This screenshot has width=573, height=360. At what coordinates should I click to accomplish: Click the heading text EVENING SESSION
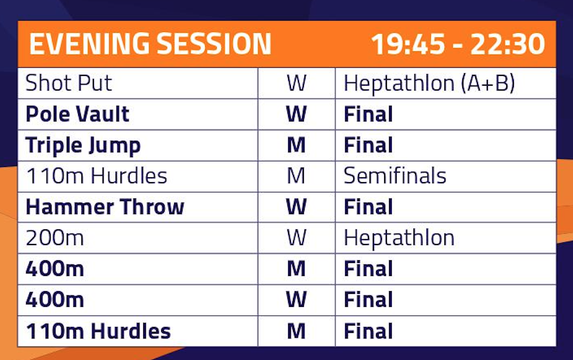click(x=150, y=44)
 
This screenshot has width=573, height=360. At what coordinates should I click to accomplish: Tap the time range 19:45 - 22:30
click(x=458, y=44)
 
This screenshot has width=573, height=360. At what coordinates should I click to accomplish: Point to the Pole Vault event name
click(x=78, y=114)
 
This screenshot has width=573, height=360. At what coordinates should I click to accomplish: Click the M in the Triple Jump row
click(x=296, y=145)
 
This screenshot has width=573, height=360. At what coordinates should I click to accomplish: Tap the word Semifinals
click(x=395, y=176)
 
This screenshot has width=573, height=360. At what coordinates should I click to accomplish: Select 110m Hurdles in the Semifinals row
click(x=97, y=176)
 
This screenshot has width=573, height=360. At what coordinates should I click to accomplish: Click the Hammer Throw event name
click(x=105, y=207)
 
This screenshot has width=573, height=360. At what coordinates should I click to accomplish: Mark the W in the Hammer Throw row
click(x=296, y=207)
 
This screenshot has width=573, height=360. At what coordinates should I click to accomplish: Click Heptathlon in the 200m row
click(x=399, y=238)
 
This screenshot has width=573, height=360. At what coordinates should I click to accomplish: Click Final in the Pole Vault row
click(x=368, y=114)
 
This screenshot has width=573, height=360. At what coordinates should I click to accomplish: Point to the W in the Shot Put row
click(x=296, y=83)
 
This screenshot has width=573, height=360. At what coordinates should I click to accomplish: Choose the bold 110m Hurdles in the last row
click(x=98, y=331)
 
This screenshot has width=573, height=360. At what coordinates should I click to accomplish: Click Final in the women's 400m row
click(x=368, y=300)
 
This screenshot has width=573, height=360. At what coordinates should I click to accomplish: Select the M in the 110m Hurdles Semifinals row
click(x=296, y=176)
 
